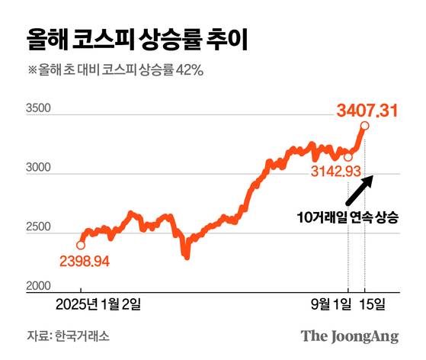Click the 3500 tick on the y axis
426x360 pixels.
[38, 110]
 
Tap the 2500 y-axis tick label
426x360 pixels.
[38, 227]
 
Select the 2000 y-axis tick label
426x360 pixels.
[38, 286]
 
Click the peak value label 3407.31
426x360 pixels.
[367, 112]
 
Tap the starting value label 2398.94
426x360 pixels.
[85, 262]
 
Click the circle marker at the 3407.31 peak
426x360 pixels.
[365, 127]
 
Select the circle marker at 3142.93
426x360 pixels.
[348, 157]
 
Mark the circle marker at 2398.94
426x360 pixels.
[81, 245]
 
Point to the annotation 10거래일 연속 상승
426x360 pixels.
[347, 217]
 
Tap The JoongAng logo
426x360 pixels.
[349, 336]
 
